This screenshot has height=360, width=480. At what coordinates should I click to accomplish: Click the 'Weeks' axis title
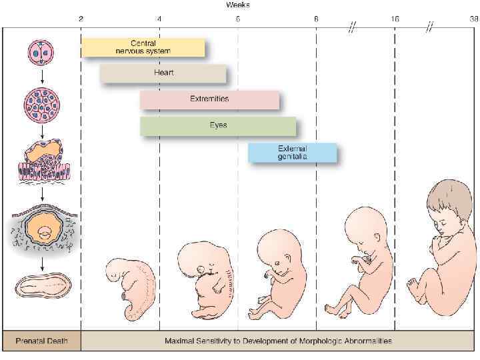[x=238, y=5]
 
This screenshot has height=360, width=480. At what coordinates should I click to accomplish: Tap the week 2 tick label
[x=81, y=19]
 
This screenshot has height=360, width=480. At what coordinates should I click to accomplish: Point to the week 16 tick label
[x=395, y=19]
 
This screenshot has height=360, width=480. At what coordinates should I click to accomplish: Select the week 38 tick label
[x=472, y=19]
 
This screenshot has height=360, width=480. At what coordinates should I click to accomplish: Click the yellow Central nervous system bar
[x=143, y=47]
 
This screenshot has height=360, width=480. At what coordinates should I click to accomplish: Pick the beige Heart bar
[x=163, y=73]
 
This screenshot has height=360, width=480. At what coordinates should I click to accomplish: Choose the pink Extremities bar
[x=209, y=99]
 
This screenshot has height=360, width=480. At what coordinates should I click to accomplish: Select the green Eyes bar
[x=218, y=125]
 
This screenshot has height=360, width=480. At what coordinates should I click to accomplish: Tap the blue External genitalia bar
[x=293, y=153]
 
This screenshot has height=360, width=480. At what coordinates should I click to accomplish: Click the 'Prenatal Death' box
[x=41, y=341]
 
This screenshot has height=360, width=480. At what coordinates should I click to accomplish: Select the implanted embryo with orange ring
[x=43, y=231]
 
